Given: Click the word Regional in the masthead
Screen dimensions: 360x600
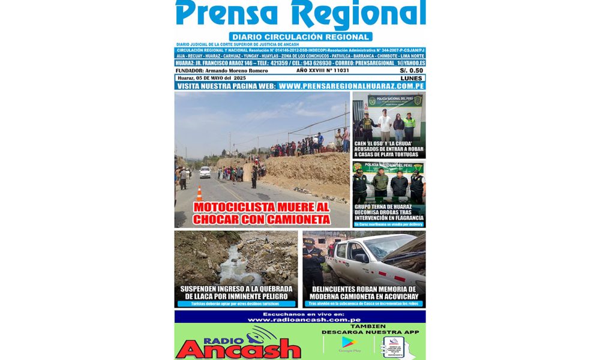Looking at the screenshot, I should [x=361, y=14].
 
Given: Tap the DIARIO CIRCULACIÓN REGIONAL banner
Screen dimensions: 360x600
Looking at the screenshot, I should [x=300, y=37].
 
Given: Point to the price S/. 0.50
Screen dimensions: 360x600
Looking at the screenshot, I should [x=411, y=71].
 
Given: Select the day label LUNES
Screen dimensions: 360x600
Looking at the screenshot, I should [x=411, y=78].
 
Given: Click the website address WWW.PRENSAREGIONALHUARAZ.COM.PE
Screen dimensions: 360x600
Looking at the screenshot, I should [x=352, y=86].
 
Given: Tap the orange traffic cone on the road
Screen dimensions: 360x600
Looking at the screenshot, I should [x=199, y=193].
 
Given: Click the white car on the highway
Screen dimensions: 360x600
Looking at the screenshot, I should [x=205, y=172].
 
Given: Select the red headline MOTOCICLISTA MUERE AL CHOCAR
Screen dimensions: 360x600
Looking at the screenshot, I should [x=262, y=213].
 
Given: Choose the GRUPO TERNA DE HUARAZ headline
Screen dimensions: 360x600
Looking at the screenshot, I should [x=389, y=214].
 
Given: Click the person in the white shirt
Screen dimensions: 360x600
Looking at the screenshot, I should [x=385, y=125].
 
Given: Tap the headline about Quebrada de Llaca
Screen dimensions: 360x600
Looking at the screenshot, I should [x=236, y=292].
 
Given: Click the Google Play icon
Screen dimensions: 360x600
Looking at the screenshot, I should [x=348, y=343].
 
